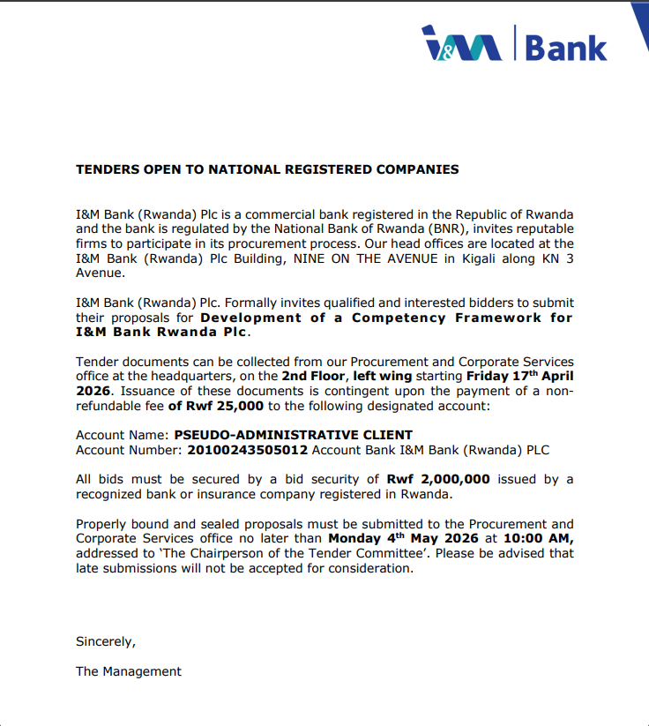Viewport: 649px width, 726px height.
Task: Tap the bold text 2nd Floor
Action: [x=314, y=376]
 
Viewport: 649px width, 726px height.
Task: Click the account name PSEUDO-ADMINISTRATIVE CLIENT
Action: [x=293, y=435]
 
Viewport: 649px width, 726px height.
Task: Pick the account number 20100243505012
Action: [x=248, y=450]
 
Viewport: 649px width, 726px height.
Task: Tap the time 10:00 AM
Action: [x=539, y=538]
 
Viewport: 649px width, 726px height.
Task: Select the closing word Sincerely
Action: [x=105, y=641]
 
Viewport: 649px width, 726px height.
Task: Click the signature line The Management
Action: [x=128, y=671]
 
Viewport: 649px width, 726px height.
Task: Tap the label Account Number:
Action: [x=130, y=450]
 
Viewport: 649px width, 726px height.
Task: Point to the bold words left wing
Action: [x=384, y=376]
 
